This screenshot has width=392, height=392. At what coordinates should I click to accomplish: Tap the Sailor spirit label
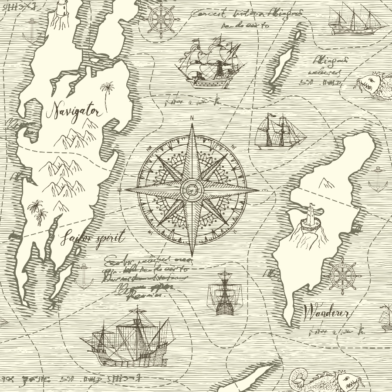(92, 238)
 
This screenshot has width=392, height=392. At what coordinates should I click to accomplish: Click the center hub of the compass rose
(192, 190)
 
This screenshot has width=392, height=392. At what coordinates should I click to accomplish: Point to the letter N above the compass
(192, 117)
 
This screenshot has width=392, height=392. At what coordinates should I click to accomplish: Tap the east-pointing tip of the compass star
(260, 190)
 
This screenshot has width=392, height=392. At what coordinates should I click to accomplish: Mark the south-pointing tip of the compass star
(192, 256)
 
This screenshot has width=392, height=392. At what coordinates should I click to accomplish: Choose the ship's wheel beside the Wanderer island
(342, 275)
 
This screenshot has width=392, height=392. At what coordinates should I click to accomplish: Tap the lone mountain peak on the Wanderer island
(324, 183)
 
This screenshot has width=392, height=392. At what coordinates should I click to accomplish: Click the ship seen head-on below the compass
(224, 293)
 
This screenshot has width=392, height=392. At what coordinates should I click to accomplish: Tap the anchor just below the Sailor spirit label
(83, 277)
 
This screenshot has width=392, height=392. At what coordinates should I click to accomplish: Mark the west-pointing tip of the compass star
(125, 190)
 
